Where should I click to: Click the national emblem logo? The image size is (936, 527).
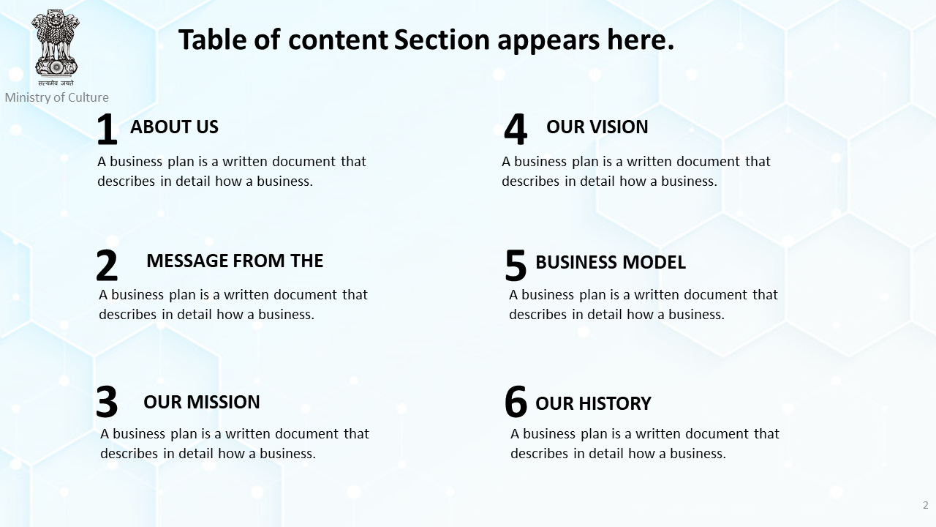(x=56, y=48)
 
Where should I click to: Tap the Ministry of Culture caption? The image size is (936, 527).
(x=57, y=97)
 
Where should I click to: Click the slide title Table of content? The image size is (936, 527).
(x=426, y=40)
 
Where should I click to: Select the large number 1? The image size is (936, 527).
(x=107, y=129)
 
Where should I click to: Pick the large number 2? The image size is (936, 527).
(x=107, y=265)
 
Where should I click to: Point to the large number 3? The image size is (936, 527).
(x=107, y=402)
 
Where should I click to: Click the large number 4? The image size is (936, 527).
(x=516, y=129)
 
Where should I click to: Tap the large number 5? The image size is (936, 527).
(x=516, y=265)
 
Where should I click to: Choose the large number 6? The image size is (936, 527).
(x=516, y=402)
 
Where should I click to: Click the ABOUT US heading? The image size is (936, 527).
(x=174, y=127)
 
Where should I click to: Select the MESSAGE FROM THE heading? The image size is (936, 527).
(x=235, y=261)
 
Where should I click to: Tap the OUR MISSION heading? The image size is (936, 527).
(x=201, y=402)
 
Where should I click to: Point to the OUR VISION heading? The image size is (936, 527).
(x=597, y=127)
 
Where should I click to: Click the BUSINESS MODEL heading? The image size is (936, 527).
(x=611, y=262)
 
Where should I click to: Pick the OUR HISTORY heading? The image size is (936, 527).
(x=593, y=403)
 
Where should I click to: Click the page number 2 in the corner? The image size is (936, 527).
(x=926, y=505)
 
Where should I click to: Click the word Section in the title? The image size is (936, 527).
(x=442, y=40)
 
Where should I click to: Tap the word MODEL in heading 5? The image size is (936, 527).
(x=654, y=262)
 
